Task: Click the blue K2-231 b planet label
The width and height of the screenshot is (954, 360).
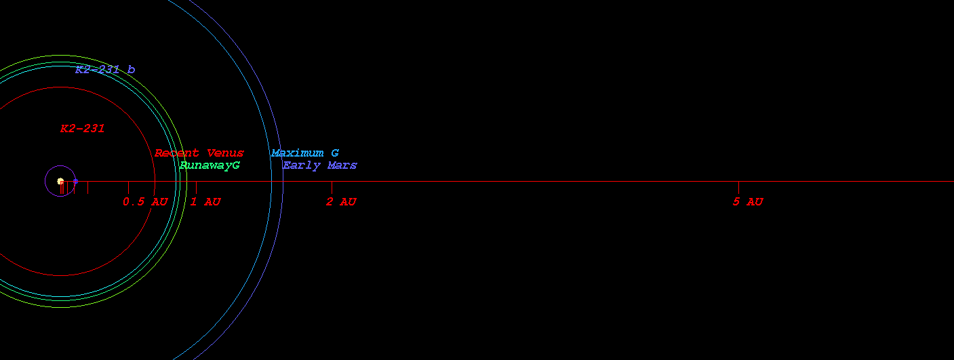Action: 105,69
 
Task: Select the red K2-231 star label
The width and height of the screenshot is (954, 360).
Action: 82,128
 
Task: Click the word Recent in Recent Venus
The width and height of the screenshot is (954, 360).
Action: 177,153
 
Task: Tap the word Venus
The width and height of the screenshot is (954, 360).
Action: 225,153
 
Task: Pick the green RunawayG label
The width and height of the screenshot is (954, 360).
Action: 210,165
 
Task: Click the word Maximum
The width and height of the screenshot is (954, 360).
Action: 297,153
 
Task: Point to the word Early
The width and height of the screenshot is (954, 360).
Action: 302,165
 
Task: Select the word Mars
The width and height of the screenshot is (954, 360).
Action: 342,165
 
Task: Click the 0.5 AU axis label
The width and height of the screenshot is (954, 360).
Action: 145,202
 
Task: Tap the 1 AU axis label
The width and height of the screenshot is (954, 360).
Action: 205,202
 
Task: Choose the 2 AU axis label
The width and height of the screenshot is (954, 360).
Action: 341,202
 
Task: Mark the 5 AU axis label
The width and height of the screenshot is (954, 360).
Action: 748,202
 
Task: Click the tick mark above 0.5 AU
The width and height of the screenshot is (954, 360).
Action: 128,187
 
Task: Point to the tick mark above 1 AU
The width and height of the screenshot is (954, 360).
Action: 196,187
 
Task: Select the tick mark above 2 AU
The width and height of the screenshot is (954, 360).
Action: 332,187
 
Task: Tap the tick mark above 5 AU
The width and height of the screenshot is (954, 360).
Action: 738,187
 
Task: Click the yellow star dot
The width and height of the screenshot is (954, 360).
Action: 60,182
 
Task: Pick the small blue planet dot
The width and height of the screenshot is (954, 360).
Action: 75,182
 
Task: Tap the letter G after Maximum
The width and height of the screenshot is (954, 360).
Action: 335,153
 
